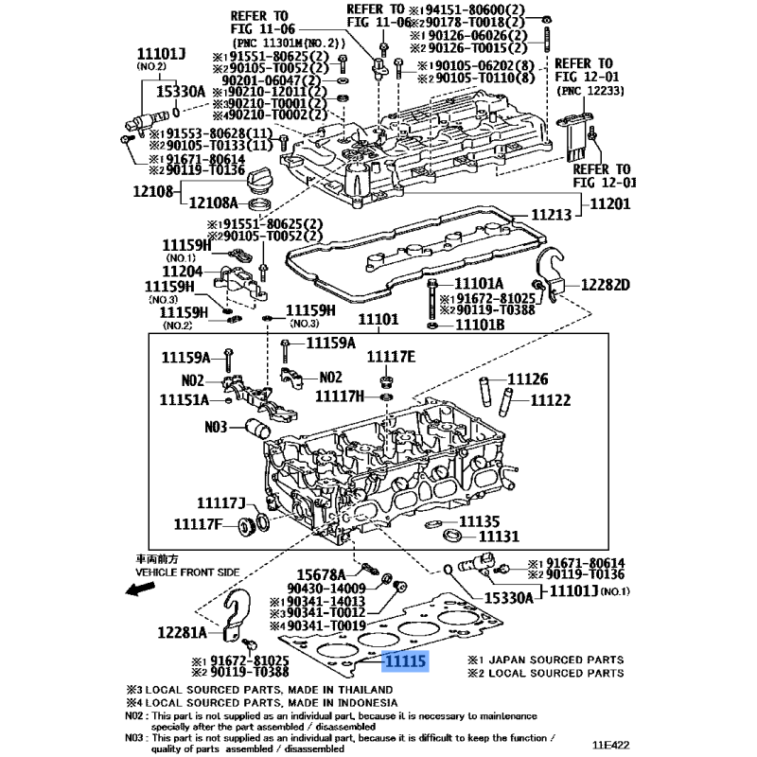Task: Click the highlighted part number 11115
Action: pyautogui.click(x=404, y=661)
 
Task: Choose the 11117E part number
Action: pyautogui.click(x=391, y=356)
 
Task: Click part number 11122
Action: pyautogui.click(x=550, y=400)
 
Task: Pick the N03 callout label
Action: pyautogui.click(x=216, y=427)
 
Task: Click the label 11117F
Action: pyautogui.click(x=198, y=522)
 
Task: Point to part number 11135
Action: pyautogui.click(x=479, y=521)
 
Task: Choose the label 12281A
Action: pyautogui.click(x=183, y=633)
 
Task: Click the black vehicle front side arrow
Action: pyautogui.click(x=142, y=590)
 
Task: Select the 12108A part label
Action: pyautogui.click(x=214, y=201)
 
